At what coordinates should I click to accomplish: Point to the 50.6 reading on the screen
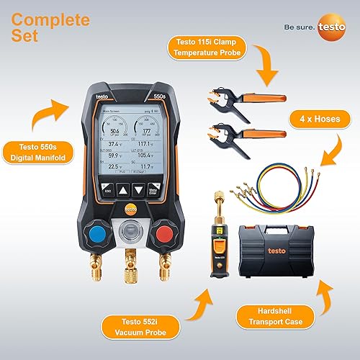coord(114,130)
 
